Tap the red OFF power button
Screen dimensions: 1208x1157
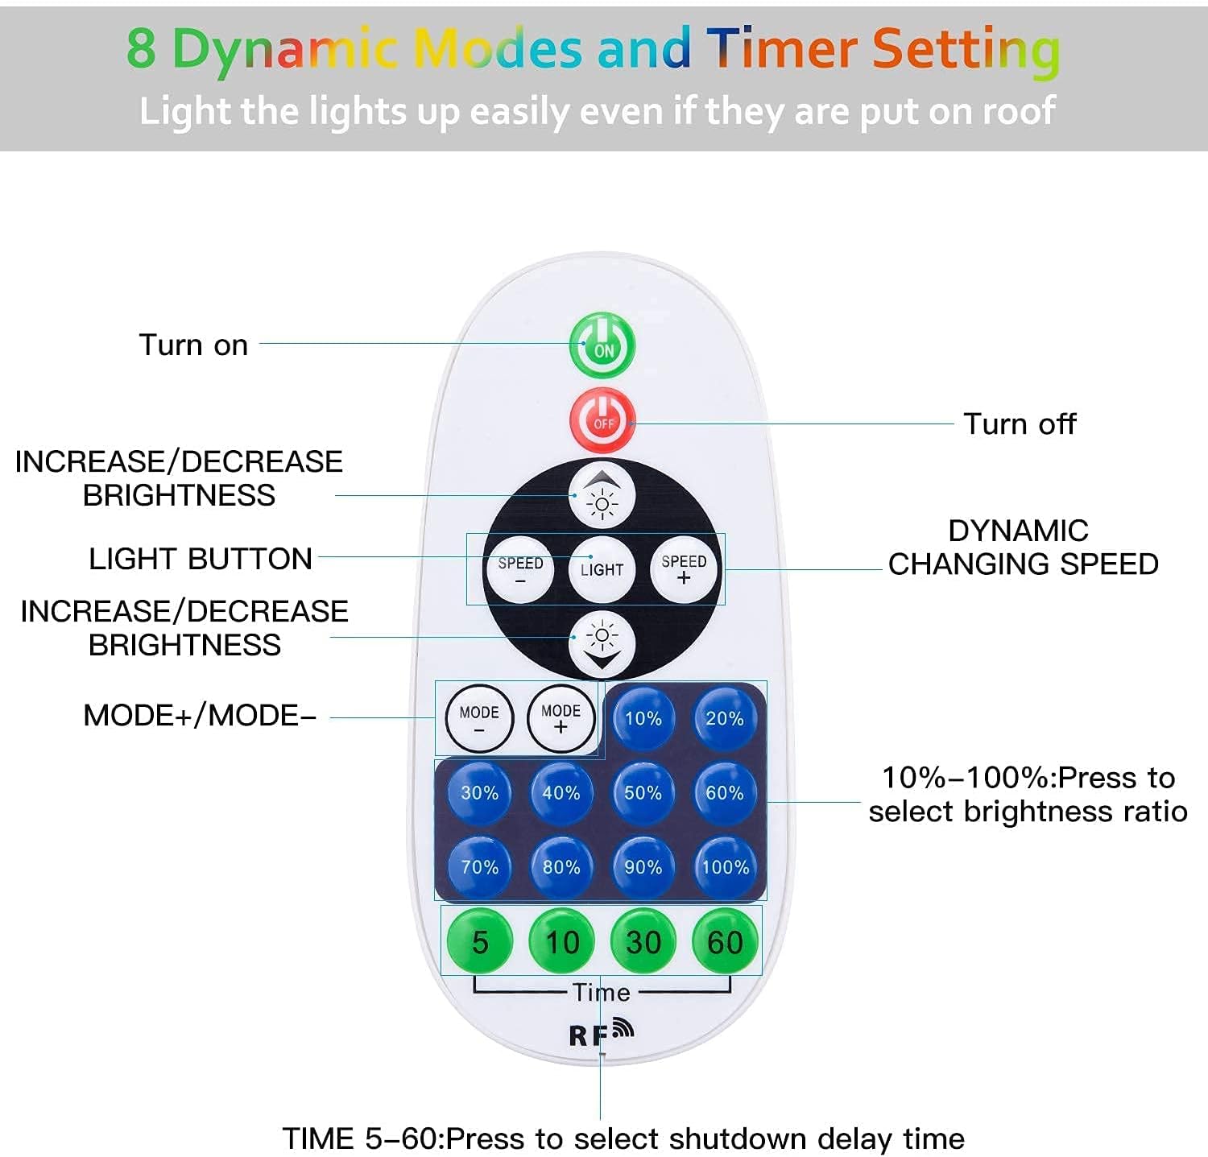pyautogui.click(x=603, y=420)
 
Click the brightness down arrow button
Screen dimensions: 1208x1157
pyautogui.click(x=602, y=644)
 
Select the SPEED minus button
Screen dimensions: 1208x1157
pyautogui.click(x=520, y=569)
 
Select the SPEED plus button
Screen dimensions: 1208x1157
pyautogui.click(x=684, y=568)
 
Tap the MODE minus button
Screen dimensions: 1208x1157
pyautogui.click(x=479, y=718)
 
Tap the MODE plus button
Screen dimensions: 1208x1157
pyautogui.click(x=561, y=718)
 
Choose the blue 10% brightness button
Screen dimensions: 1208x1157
pyautogui.click(x=643, y=718)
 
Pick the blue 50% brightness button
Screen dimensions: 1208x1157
pyautogui.click(x=643, y=793)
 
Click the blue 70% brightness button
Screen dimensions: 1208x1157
pyautogui.click(x=479, y=867)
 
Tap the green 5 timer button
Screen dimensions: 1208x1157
pyautogui.click(x=480, y=941)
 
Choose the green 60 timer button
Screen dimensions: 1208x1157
pyautogui.click(x=725, y=941)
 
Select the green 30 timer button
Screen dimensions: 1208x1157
pyautogui.click(x=643, y=941)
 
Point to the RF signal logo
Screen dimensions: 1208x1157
pyautogui.click(x=602, y=1032)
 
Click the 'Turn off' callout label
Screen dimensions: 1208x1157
pyautogui.click(x=1020, y=424)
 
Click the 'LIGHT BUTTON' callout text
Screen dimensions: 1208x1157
pyautogui.click(x=201, y=559)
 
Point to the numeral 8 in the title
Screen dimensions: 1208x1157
pyautogui.click(x=141, y=48)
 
